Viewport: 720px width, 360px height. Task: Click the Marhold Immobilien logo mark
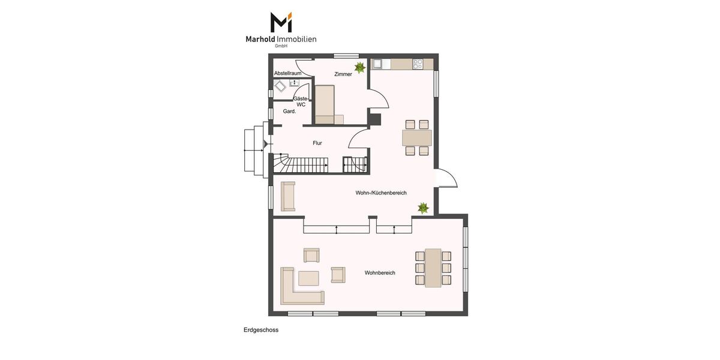tap(281, 22)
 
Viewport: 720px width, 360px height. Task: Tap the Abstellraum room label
tap(287, 73)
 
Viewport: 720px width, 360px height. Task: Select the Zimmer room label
tap(343, 74)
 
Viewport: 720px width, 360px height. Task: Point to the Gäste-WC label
tap(301, 101)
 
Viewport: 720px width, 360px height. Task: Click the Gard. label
tap(289, 111)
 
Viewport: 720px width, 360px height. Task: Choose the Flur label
tap(317, 143)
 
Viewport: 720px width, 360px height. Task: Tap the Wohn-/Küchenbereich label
tap(381, 193)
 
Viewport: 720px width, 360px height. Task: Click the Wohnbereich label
tap(380, 273)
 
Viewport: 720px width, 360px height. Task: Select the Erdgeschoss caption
tap(261, 330)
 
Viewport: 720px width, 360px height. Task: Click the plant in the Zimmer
tap(360, 67)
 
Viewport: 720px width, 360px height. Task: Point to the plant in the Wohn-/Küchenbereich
tap(423, 208)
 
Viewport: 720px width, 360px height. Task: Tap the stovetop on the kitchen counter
tap(418, 64)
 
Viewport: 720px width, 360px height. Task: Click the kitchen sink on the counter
tap(377, 64)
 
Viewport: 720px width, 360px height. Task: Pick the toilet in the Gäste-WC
tap(280, 86)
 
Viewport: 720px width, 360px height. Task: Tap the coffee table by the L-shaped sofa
tap(308, 278)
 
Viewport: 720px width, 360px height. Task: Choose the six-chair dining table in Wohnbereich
tap(433, 268)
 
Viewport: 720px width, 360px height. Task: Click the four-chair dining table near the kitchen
tap(417, 137)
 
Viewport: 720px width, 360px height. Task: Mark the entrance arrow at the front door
tap(266, 144)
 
